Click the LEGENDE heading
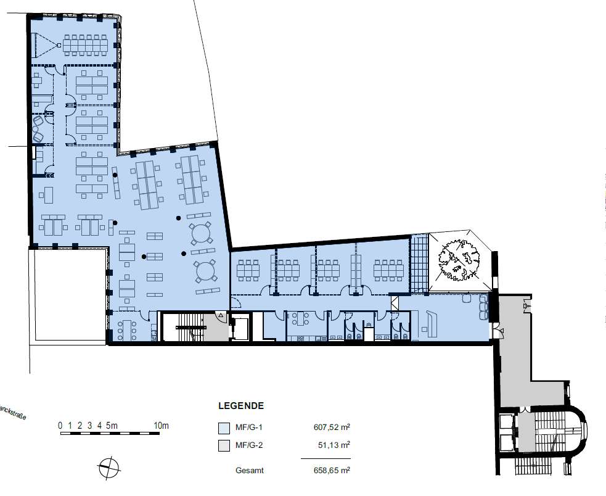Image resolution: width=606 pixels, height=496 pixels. click(241, 406)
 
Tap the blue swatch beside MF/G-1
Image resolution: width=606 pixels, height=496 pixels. click(224, 428)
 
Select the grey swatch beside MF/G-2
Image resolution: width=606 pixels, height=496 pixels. click(224, 445)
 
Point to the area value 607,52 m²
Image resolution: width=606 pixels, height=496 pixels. click(332, 428)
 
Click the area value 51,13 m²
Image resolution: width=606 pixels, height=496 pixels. click(334, 445)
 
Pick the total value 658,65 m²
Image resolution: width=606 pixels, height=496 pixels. click(332, 471)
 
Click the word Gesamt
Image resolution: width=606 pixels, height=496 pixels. click(250, 471)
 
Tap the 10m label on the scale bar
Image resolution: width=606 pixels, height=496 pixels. click(161, 426)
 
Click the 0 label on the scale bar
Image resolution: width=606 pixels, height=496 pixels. click(60, 426)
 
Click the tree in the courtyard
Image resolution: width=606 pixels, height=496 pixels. click(459, 260)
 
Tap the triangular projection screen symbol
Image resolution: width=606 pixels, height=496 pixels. click(45, 45)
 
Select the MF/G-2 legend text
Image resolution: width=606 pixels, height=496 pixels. click(249, 445)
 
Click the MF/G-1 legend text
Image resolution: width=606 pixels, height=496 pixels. click(249, 428)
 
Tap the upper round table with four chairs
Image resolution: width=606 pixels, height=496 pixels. click(200, 234)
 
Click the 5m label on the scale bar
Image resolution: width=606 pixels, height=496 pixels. click(112, 426)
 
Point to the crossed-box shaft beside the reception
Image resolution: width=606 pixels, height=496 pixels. click(394, 302)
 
